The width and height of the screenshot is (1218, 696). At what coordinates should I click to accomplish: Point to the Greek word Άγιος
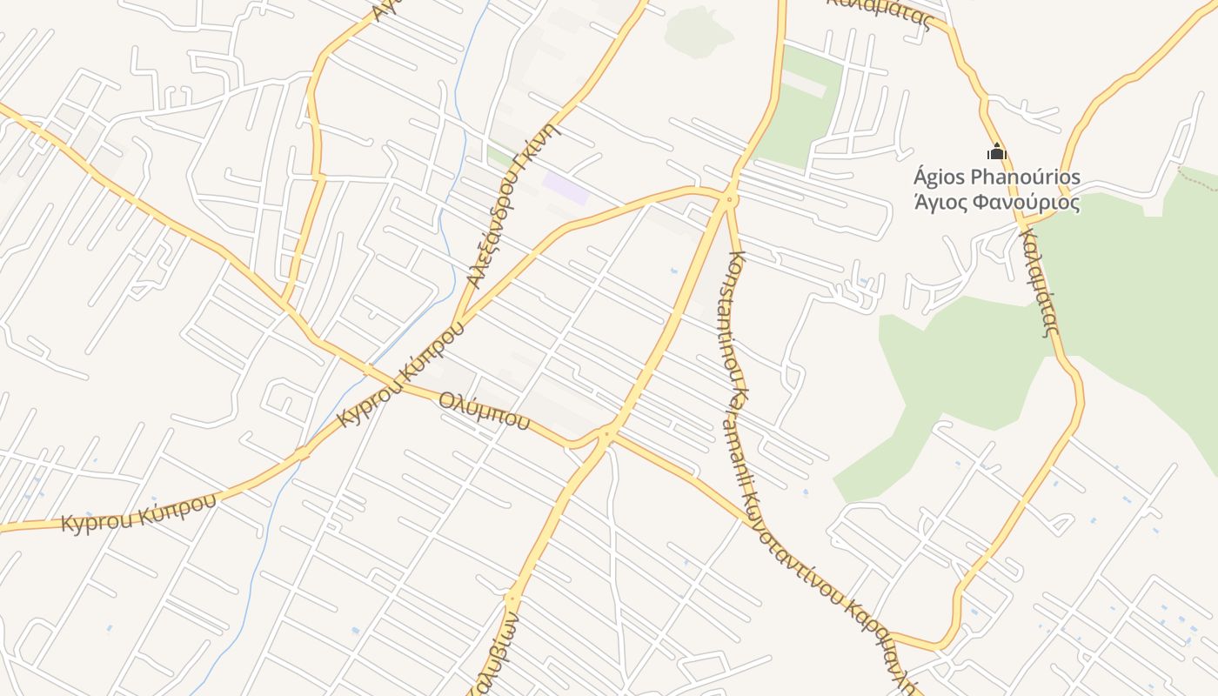(942, 204)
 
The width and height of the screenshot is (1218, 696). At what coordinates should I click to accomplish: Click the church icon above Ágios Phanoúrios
(997, 152)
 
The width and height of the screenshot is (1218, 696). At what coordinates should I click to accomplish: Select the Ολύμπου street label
(485, 412)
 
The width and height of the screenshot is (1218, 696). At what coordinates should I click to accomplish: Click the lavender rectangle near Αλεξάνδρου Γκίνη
(565, 188)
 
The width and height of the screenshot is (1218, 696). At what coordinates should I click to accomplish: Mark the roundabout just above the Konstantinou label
(729, 201)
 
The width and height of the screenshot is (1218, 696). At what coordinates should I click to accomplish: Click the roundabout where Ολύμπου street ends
(607, 432)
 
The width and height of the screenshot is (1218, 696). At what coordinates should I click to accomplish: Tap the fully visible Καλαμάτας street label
(1041, 283)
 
